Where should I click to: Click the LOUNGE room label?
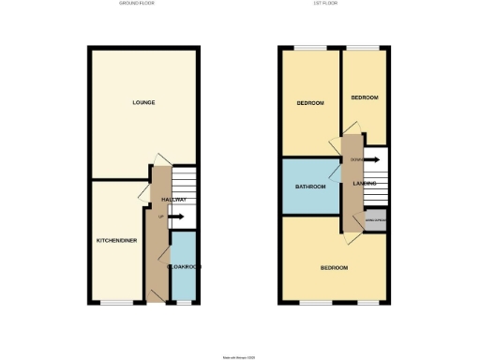[143, 102]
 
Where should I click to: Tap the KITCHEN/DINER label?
[117, 241]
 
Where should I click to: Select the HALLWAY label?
[173, 200]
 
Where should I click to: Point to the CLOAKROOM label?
[184, 267]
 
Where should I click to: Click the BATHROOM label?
[310, 187]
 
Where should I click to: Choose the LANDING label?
[365, 184]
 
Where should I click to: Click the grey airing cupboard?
[375, 219]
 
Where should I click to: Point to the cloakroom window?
[184, 302]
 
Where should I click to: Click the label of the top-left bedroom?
[310, 103]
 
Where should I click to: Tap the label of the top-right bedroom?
[365, 97]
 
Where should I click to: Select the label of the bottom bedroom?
[334, 268]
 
